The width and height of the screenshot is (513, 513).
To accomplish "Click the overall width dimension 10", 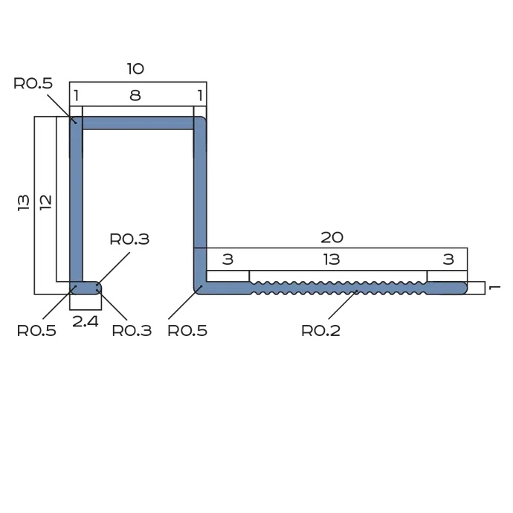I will (135, 69).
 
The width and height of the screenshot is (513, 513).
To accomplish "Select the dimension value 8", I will (135, 95).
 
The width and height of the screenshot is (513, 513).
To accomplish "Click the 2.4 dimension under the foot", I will (86, 322).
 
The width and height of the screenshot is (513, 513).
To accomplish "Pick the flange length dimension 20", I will (332, 237).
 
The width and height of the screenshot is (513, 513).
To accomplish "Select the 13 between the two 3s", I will (332, 259).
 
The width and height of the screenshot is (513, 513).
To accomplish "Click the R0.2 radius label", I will (320, 331).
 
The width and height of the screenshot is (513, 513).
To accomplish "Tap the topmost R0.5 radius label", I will (33, 83).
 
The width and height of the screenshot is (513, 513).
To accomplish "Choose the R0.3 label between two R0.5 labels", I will (132, 331).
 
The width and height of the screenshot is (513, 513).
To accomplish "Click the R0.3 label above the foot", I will (129, 239).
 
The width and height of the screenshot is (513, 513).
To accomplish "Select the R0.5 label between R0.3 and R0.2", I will (187, 331).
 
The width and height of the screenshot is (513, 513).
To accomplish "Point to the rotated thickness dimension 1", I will (496, 288).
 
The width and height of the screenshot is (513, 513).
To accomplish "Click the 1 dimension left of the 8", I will (76, 95).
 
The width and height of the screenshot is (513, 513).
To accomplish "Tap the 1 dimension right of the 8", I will (199, 95).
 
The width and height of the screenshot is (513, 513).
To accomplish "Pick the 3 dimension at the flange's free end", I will (448, 259).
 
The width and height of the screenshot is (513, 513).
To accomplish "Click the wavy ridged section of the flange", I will (338, 288).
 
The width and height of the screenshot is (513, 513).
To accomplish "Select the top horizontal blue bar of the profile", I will (138, 123).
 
